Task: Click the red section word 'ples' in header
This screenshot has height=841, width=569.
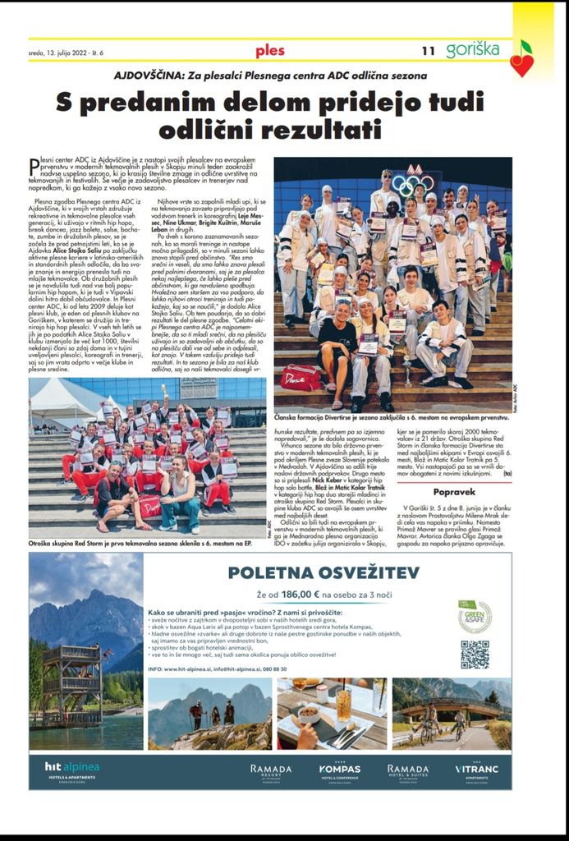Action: [270, 51]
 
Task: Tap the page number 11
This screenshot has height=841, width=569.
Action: [428, 51]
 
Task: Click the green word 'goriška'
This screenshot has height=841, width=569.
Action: [472, 49]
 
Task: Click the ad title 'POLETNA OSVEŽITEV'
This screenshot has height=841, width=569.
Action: [324, 572]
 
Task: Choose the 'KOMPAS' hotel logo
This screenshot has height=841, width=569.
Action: [339, 771]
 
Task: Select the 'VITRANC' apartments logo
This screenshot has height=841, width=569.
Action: [477, 771]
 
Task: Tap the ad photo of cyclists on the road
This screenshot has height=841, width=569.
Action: [452, 713]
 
